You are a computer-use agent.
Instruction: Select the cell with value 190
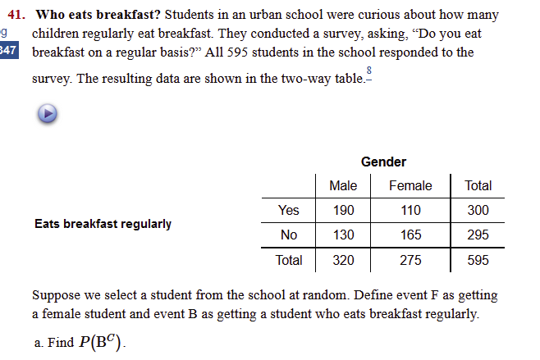343,210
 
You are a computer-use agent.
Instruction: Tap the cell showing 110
410,210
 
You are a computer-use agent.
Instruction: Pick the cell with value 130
343,235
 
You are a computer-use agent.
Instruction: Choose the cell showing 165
410,235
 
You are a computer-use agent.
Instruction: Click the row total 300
478,210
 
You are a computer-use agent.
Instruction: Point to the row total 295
478,235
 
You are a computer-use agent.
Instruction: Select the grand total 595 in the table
478,261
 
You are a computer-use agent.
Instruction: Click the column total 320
343,261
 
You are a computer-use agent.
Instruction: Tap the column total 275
410,261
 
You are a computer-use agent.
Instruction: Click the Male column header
343,185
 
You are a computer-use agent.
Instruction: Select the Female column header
410,185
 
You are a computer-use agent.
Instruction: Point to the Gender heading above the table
383,162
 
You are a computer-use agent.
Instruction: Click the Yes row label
289,210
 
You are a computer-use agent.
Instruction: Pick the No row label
289,235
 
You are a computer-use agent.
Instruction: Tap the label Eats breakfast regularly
103,223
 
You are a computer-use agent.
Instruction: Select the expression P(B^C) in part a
103,342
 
